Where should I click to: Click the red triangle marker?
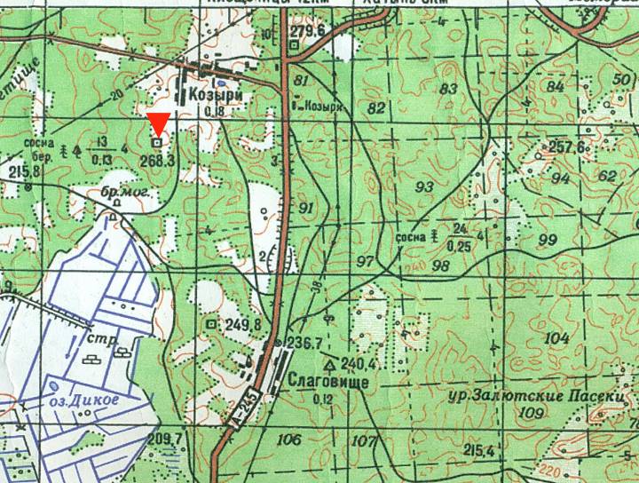pos(158,123)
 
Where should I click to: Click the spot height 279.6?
pos(307,32)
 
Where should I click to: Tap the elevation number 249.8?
pos(243,326)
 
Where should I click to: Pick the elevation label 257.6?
pos(568,147)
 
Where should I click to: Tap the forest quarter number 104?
pos(556,338)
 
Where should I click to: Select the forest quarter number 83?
pos(449,89)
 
